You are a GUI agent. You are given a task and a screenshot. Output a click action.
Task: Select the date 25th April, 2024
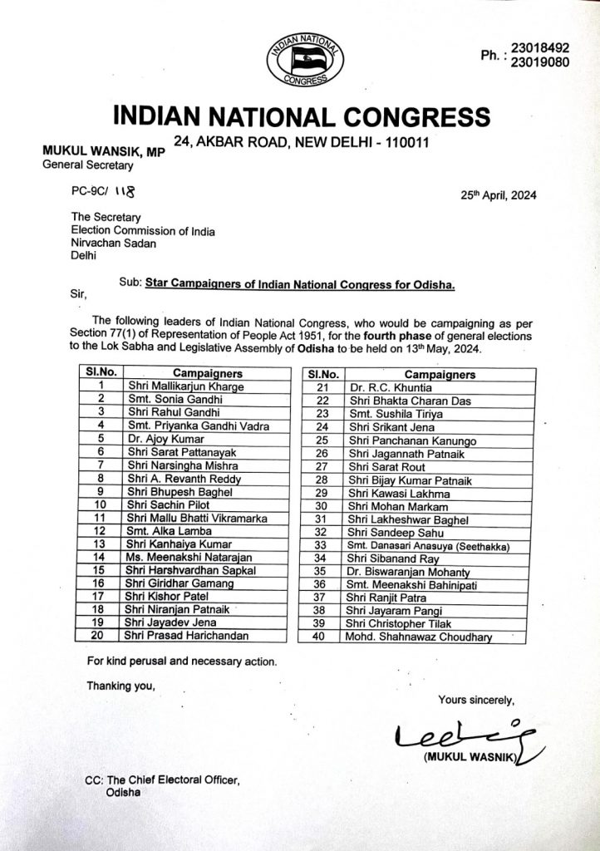click(499, 197)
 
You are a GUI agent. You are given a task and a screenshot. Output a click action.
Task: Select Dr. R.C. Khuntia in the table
click(383, 386)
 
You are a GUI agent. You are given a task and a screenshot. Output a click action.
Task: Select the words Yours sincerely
click(477, 699)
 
